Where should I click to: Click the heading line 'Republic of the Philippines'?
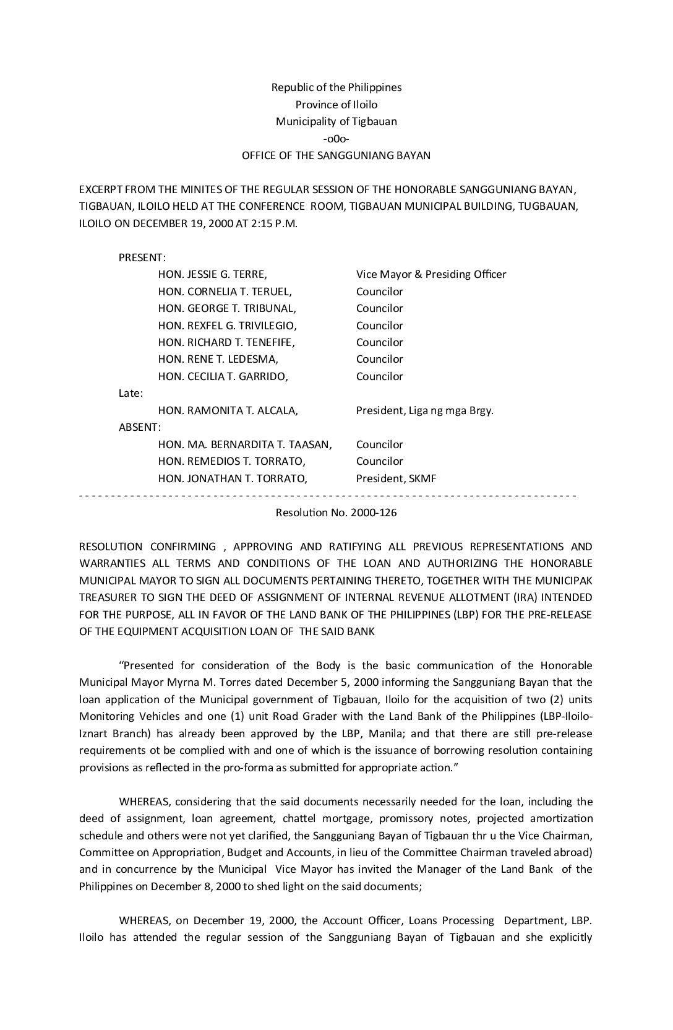[336, 87]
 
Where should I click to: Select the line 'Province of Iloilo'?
[336, 105]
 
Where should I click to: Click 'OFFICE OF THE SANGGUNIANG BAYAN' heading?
[336, 155]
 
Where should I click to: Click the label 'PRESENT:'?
[142, 257]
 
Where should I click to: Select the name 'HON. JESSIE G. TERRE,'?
[213, 274]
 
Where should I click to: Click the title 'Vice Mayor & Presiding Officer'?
[431, 274]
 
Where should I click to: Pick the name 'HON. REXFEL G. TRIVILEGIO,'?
[228, 326]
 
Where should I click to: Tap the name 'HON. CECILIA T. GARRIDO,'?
[223, 376]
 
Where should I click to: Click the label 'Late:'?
[131, 393]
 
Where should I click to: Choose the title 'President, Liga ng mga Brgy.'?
[425, 410]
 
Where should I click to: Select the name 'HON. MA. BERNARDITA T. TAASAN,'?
[246, 444]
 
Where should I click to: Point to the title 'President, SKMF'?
[396, 478]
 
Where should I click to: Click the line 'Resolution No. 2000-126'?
[336, 513]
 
